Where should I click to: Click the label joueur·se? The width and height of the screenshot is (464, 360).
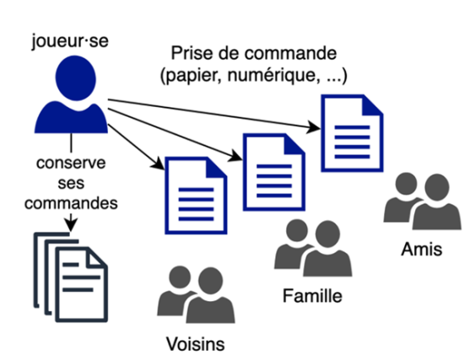point(70,41)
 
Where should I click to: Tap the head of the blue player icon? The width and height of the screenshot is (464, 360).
point(76,78)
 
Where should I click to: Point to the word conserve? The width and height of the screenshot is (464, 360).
point(71,163)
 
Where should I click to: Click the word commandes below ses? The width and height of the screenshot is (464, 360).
point(71,203)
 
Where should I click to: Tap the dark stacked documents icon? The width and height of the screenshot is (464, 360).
point(70,277)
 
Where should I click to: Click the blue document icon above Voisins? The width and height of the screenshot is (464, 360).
point(196,196)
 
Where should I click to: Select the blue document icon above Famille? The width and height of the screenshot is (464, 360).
point(274,172)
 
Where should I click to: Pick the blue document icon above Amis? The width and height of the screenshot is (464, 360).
point(352,133)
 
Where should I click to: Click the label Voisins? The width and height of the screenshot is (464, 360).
point(196,344)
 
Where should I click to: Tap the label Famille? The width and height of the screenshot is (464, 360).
point(312,296)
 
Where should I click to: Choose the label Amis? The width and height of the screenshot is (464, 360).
point(422,249)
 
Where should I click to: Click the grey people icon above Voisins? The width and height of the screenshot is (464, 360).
point(196,294)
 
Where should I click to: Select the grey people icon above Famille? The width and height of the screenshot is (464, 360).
point(313,248)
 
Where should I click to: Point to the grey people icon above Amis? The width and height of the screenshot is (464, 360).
point(423,201)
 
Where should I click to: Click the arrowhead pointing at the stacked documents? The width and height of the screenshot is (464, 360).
point(71,225)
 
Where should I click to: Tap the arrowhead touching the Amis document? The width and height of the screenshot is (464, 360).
point(314,127)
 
